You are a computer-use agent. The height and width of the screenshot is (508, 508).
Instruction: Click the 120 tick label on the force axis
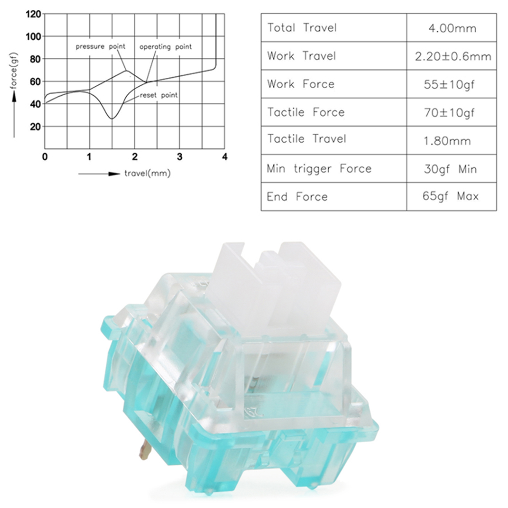(34, 14)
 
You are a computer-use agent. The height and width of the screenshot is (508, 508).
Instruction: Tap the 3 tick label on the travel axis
(180, 157)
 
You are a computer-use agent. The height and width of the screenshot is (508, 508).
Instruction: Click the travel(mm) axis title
(147, 173)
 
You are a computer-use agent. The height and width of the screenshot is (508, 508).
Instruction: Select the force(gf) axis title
(14, 71)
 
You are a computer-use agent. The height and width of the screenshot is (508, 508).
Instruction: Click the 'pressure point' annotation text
(100, 47)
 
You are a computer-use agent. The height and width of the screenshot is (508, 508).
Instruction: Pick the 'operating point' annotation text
(166, 47)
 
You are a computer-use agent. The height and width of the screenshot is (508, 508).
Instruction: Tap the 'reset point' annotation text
(159, 95)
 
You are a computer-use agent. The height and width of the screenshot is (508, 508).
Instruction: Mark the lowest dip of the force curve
(112, 119)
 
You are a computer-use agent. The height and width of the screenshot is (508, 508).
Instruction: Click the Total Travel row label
(302, 28)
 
